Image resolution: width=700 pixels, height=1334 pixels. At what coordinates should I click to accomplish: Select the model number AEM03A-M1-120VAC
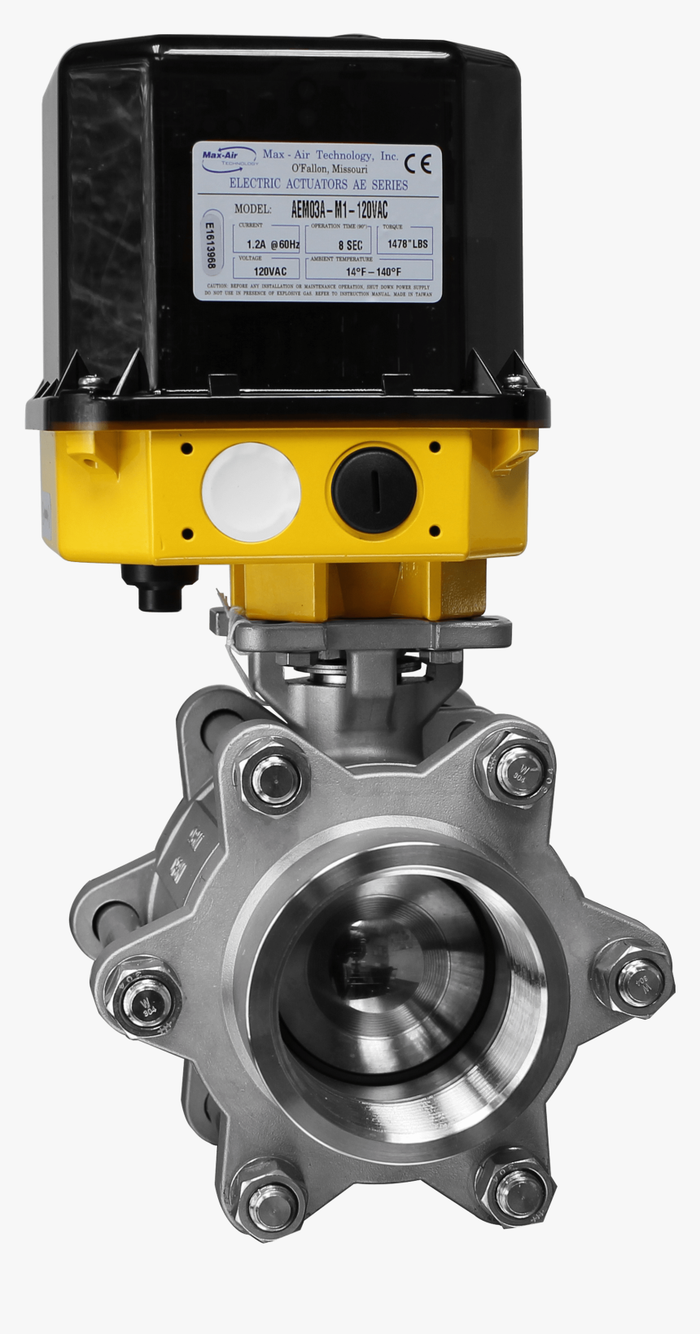point(339,209)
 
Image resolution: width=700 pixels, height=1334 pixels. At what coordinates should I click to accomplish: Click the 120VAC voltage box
point(269,271)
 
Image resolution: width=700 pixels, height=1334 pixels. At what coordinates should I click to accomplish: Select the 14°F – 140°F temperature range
point(372,271)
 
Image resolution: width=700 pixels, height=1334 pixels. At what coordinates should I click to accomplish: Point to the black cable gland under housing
point(160,586)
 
